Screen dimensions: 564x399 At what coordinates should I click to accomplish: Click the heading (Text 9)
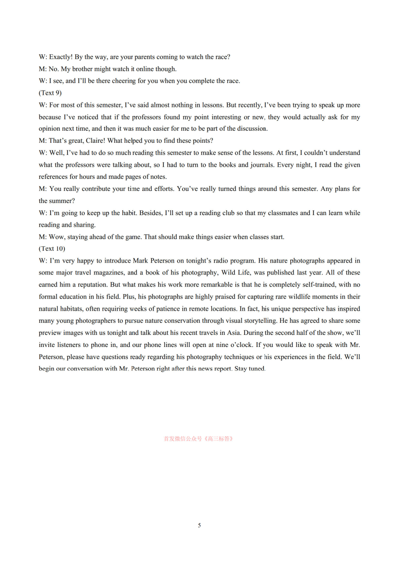(50, 93)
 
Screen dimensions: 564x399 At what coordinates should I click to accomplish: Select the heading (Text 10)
(52, 249)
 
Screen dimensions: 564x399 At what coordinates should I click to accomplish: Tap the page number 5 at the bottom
(199, 525)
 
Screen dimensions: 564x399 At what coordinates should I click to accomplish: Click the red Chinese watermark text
(198, 439)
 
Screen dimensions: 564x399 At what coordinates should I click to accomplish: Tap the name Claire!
(95, 141)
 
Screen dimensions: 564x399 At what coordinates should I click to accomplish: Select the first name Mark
(140, 261)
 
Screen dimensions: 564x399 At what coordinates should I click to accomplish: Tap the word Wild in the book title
(228, 273)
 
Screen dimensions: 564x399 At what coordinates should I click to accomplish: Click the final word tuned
(256, 369)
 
